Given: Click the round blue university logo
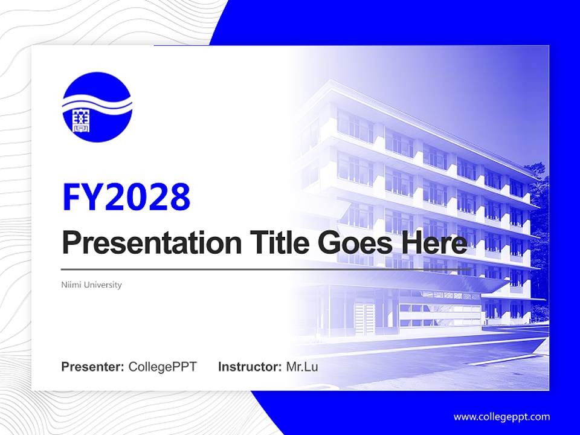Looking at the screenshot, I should point(97,107).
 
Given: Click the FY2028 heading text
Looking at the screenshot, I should point(126,196).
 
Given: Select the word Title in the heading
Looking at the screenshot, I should point(276,243).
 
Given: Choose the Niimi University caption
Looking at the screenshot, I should point(91,285).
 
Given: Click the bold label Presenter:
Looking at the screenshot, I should point(93,367).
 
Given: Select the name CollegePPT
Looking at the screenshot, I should point(163,367).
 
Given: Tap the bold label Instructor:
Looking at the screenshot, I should point(250,367).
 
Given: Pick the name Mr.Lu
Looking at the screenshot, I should point(302,367).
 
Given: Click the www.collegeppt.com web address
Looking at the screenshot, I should point(501,416).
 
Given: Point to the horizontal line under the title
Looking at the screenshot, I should point(266,269).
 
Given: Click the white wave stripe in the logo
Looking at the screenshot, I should point(97,105).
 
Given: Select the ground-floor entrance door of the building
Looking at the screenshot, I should point(364,318).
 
